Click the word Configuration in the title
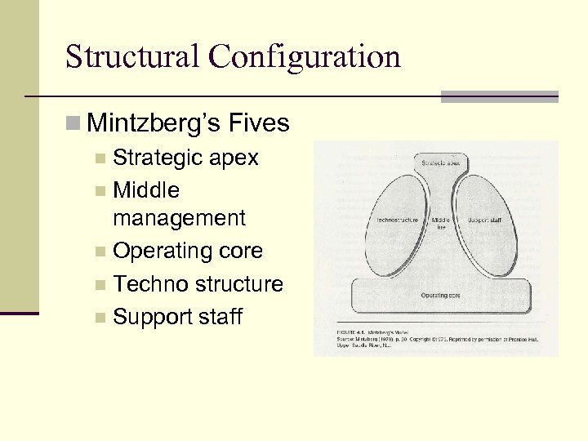[x=305, y=57]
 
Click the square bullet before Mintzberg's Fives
[x=73, y=124]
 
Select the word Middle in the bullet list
[x=147, y=189]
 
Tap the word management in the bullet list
[x=179, y=218]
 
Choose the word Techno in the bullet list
[x=149, y=283]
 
